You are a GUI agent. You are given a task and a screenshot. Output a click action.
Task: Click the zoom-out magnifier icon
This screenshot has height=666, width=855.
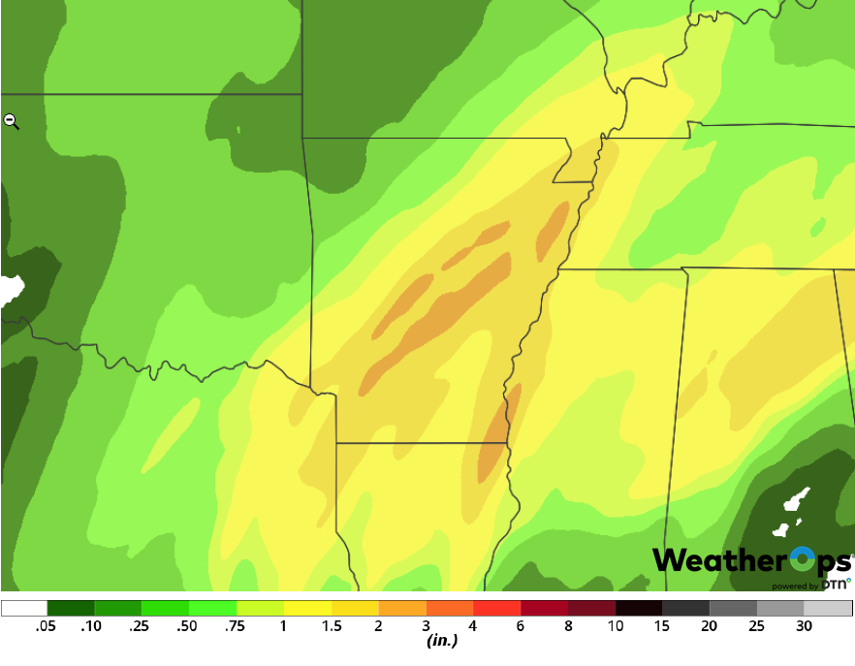pyautogui.click(x=11, y=120)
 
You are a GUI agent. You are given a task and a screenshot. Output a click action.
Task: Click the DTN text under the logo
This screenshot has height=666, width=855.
pyautogui.click(x=836, y=585)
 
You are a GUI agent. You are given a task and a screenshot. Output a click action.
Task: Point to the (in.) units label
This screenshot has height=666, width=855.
pyautogui.click(x=442, y=641)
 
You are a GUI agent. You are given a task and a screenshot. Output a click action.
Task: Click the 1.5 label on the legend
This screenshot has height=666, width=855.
pyautogui.click(x=332, y=626)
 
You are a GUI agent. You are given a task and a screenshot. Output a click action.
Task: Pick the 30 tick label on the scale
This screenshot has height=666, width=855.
pyautogui.click(x=804, y=626)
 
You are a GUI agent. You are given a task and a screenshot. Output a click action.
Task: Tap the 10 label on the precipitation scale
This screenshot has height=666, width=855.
pyautogui.click(x=615, y=626)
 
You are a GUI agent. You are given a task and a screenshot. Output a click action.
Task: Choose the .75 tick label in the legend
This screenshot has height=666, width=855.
pyautogui.click(x=237, y=626)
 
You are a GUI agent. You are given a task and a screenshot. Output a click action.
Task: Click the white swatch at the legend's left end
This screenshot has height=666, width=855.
pyautogui.click(x=24, y=609)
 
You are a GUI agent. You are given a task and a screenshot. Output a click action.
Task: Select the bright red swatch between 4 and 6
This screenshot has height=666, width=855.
pyautogui.click(x=497, y=609)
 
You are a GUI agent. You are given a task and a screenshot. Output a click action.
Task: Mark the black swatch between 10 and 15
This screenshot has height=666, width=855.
pyautogui.click(x=639, y=609)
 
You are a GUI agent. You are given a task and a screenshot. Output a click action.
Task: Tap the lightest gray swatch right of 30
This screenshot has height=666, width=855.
pyautogui.click(x=828, y=609)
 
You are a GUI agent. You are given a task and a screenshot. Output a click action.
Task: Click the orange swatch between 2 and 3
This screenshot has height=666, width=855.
pyautogui.click(x=402, y=609)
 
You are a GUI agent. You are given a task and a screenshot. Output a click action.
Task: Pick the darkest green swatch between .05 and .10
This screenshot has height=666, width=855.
pyautogui.click(x=72, y=609)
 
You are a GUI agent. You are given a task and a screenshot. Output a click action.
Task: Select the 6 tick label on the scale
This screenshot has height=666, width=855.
pyautogui.click(x=521, y=626)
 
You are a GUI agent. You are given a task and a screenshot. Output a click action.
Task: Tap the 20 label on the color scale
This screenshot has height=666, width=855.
pyautogui.click(x=710, y=626)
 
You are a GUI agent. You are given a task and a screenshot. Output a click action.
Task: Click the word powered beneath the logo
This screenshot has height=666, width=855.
pyautogui.click(x=789, y=586)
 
